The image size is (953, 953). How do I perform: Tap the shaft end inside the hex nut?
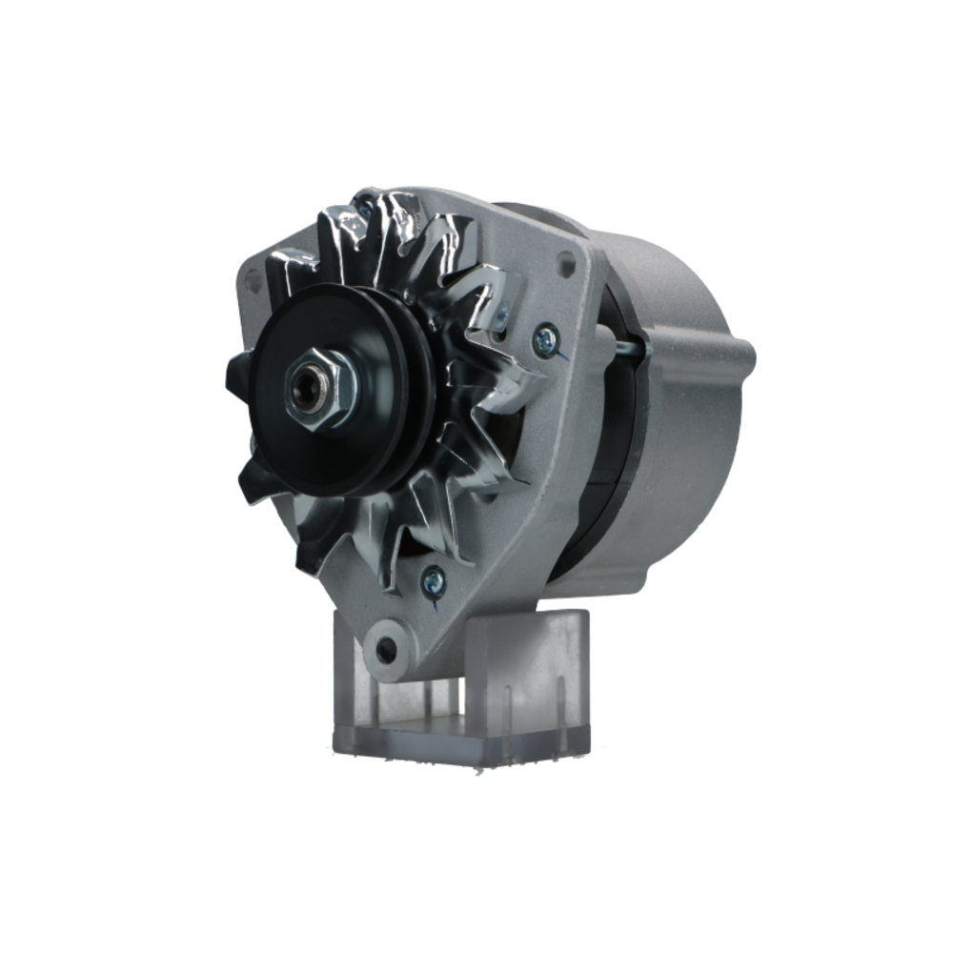coord(307,392)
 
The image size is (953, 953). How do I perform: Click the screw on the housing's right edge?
coord(546,338)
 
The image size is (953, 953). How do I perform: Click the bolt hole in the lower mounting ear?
coord(386,651)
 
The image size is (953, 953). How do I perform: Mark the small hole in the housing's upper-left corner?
coord(252,280)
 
